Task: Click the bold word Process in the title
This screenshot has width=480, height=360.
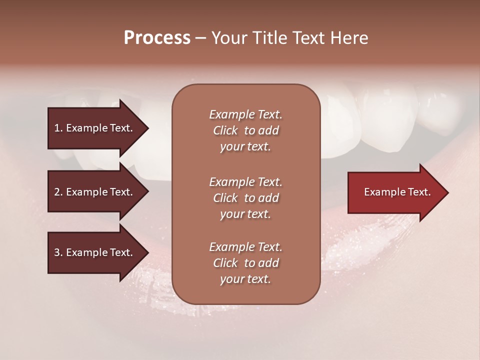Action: tap(157, 38)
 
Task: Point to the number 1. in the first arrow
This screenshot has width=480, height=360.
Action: tap(58, 128)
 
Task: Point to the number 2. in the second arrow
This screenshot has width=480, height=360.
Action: tap(58, 192)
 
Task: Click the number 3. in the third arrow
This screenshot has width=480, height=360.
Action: tap(58, 252)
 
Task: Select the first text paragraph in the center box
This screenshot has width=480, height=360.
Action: tap(245, 130)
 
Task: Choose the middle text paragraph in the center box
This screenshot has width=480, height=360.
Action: tap(245, 198)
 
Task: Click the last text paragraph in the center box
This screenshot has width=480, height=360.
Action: tap(245, 263)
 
